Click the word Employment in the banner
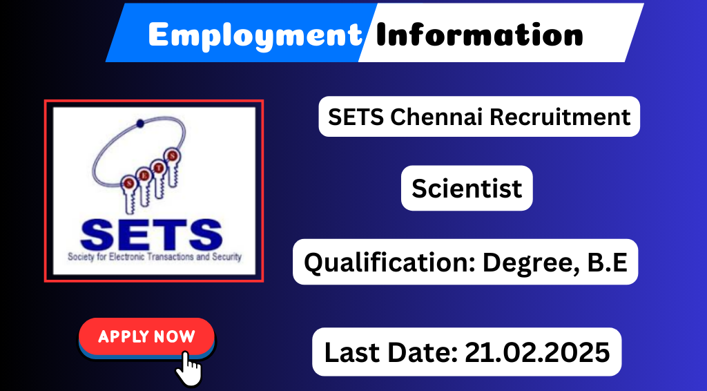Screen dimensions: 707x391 pos(255,36)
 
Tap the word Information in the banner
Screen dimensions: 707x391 pos(479,35)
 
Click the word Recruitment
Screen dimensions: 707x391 pos(560,117)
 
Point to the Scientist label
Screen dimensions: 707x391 pos(467,188)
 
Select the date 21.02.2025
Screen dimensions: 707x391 pos(537,352)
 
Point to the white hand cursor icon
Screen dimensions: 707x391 pos(188,368)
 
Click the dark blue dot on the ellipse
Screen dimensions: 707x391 pos(140,123)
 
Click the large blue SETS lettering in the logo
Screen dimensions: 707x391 pos(151,235)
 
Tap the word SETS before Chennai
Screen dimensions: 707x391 pos(356,117)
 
